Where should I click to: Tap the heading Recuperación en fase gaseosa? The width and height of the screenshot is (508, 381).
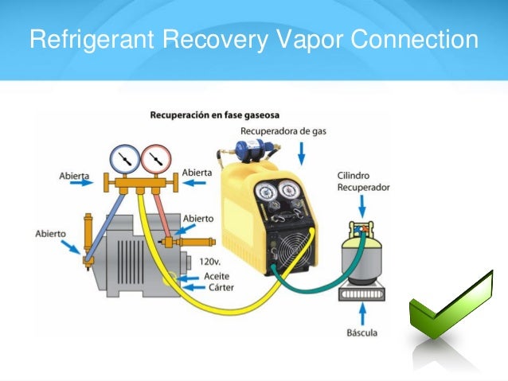coord(215,115)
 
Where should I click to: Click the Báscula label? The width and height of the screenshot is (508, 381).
coord(362,332)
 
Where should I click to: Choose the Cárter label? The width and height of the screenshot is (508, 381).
coord(219,287)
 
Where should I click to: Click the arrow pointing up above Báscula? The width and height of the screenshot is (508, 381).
coord(362,312)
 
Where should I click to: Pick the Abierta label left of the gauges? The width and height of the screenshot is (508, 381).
coord(73,175)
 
